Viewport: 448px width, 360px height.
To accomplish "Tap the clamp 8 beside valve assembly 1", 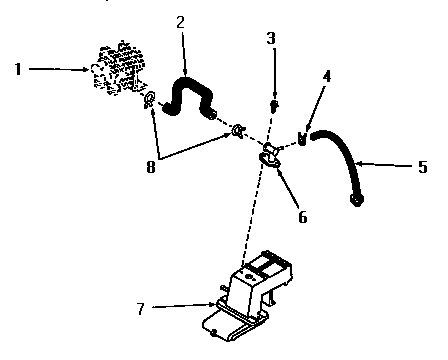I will (x=149, y=100).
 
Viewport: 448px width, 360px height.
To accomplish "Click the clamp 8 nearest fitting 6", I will (x=238, y=131).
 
